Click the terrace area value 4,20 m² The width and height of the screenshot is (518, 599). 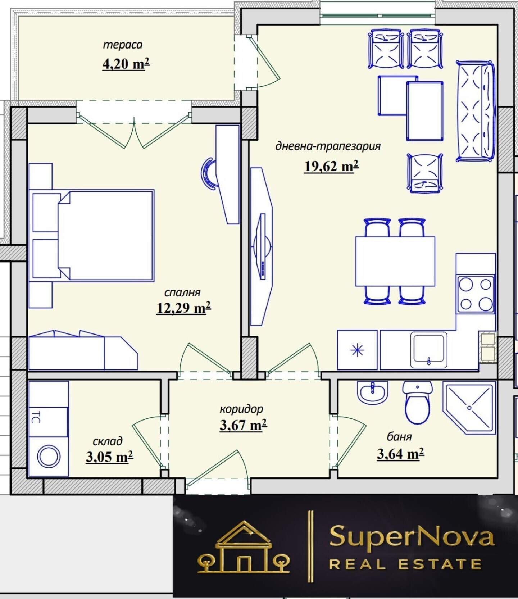click(126, 64)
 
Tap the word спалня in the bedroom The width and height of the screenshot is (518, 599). click(182, 292)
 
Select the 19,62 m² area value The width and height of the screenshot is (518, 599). click(331, 166)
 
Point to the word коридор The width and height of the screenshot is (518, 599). click(241, 409)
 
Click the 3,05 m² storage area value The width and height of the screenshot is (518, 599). click(109, 457)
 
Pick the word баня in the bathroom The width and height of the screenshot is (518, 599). click(399, 436)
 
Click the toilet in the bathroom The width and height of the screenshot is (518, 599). click(417, 403)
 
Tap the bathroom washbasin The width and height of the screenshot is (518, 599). click(373, 392)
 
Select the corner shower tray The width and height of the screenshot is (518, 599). click(469, 407)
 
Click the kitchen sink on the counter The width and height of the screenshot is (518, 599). click(429, 350)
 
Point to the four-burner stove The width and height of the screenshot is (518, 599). click(476, 294)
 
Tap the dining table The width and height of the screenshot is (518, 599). click(395, 261)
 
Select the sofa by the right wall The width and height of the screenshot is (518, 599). click(475, 111)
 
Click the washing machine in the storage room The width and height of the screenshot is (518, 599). click(49, 457)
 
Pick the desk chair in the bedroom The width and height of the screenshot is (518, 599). click(208, 174)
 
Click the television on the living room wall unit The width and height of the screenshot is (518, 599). click(262, 246)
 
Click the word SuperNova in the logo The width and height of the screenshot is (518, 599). click(412, 537)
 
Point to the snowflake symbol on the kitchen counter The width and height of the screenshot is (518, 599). click(357, 350)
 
